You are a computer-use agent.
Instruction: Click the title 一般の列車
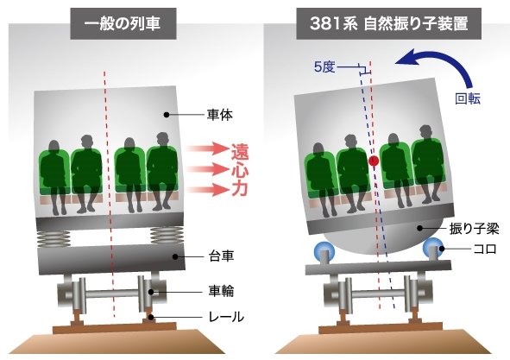(123, 24)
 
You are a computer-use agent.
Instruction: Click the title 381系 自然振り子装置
(388, 23)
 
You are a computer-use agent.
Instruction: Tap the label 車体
(220, 115)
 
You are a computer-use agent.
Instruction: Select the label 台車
(221, 256)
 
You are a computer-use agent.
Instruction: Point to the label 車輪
(221, 291)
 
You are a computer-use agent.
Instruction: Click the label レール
(226, 317)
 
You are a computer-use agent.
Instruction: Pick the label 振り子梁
(474, 229)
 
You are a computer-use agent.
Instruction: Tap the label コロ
(485, 249)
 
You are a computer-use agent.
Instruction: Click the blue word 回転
(468, 98)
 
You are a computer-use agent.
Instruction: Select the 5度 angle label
(324, 67)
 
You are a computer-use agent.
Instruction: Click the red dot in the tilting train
(374, 161)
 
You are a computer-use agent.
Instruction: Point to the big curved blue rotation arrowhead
(405, 57)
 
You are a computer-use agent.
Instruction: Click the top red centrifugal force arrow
(208, 148)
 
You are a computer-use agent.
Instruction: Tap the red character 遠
(240, 152)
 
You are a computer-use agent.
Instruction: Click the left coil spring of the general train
(54, 238)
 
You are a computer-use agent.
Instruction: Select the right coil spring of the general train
(167, 236)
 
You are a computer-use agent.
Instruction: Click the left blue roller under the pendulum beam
(324, 251)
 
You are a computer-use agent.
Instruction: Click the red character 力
(240, 189)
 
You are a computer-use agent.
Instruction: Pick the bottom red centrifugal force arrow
(208, 189)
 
